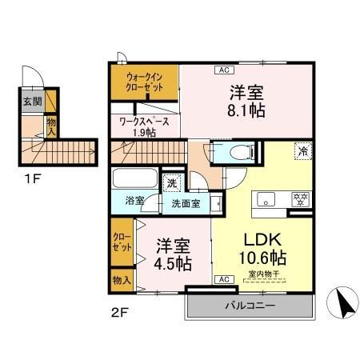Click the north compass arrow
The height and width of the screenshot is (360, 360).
pos(342,305)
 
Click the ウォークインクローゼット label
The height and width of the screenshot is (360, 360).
pos(144,82)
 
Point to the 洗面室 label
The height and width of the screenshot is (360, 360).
pos(186,203)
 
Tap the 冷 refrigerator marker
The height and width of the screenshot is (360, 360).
pos(303,150)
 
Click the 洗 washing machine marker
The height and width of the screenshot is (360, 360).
pos(173,183)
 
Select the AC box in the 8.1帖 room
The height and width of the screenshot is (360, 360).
pos(220,70)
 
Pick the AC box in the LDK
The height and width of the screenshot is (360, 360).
pos(224,279)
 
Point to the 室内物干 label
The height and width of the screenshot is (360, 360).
pos(260,274)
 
